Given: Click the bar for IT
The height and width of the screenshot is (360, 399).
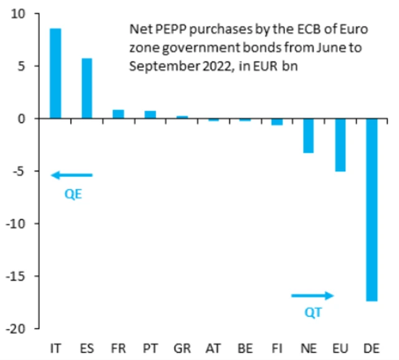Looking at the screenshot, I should (x=55, y=73).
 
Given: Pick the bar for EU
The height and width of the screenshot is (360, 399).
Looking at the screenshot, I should (x=340, y=144).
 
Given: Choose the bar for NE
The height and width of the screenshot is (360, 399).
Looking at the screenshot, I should (x=309, y=136).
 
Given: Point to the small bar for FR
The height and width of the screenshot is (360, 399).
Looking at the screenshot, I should (x=118, y=114).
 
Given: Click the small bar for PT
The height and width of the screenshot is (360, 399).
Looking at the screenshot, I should (x=150, y=115).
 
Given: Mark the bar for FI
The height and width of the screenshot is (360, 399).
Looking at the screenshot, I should (x=277, y=121).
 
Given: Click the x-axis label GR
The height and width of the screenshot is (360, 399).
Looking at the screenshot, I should (x=182, y=346).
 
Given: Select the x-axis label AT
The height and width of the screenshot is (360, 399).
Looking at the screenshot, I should (x=213, y=346).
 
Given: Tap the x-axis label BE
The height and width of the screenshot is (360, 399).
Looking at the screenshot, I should (x=245, y=346).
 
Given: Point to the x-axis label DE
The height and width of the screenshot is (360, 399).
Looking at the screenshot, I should (x=372, y=346).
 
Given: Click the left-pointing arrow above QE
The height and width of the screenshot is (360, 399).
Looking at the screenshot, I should (x=72, y=176).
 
